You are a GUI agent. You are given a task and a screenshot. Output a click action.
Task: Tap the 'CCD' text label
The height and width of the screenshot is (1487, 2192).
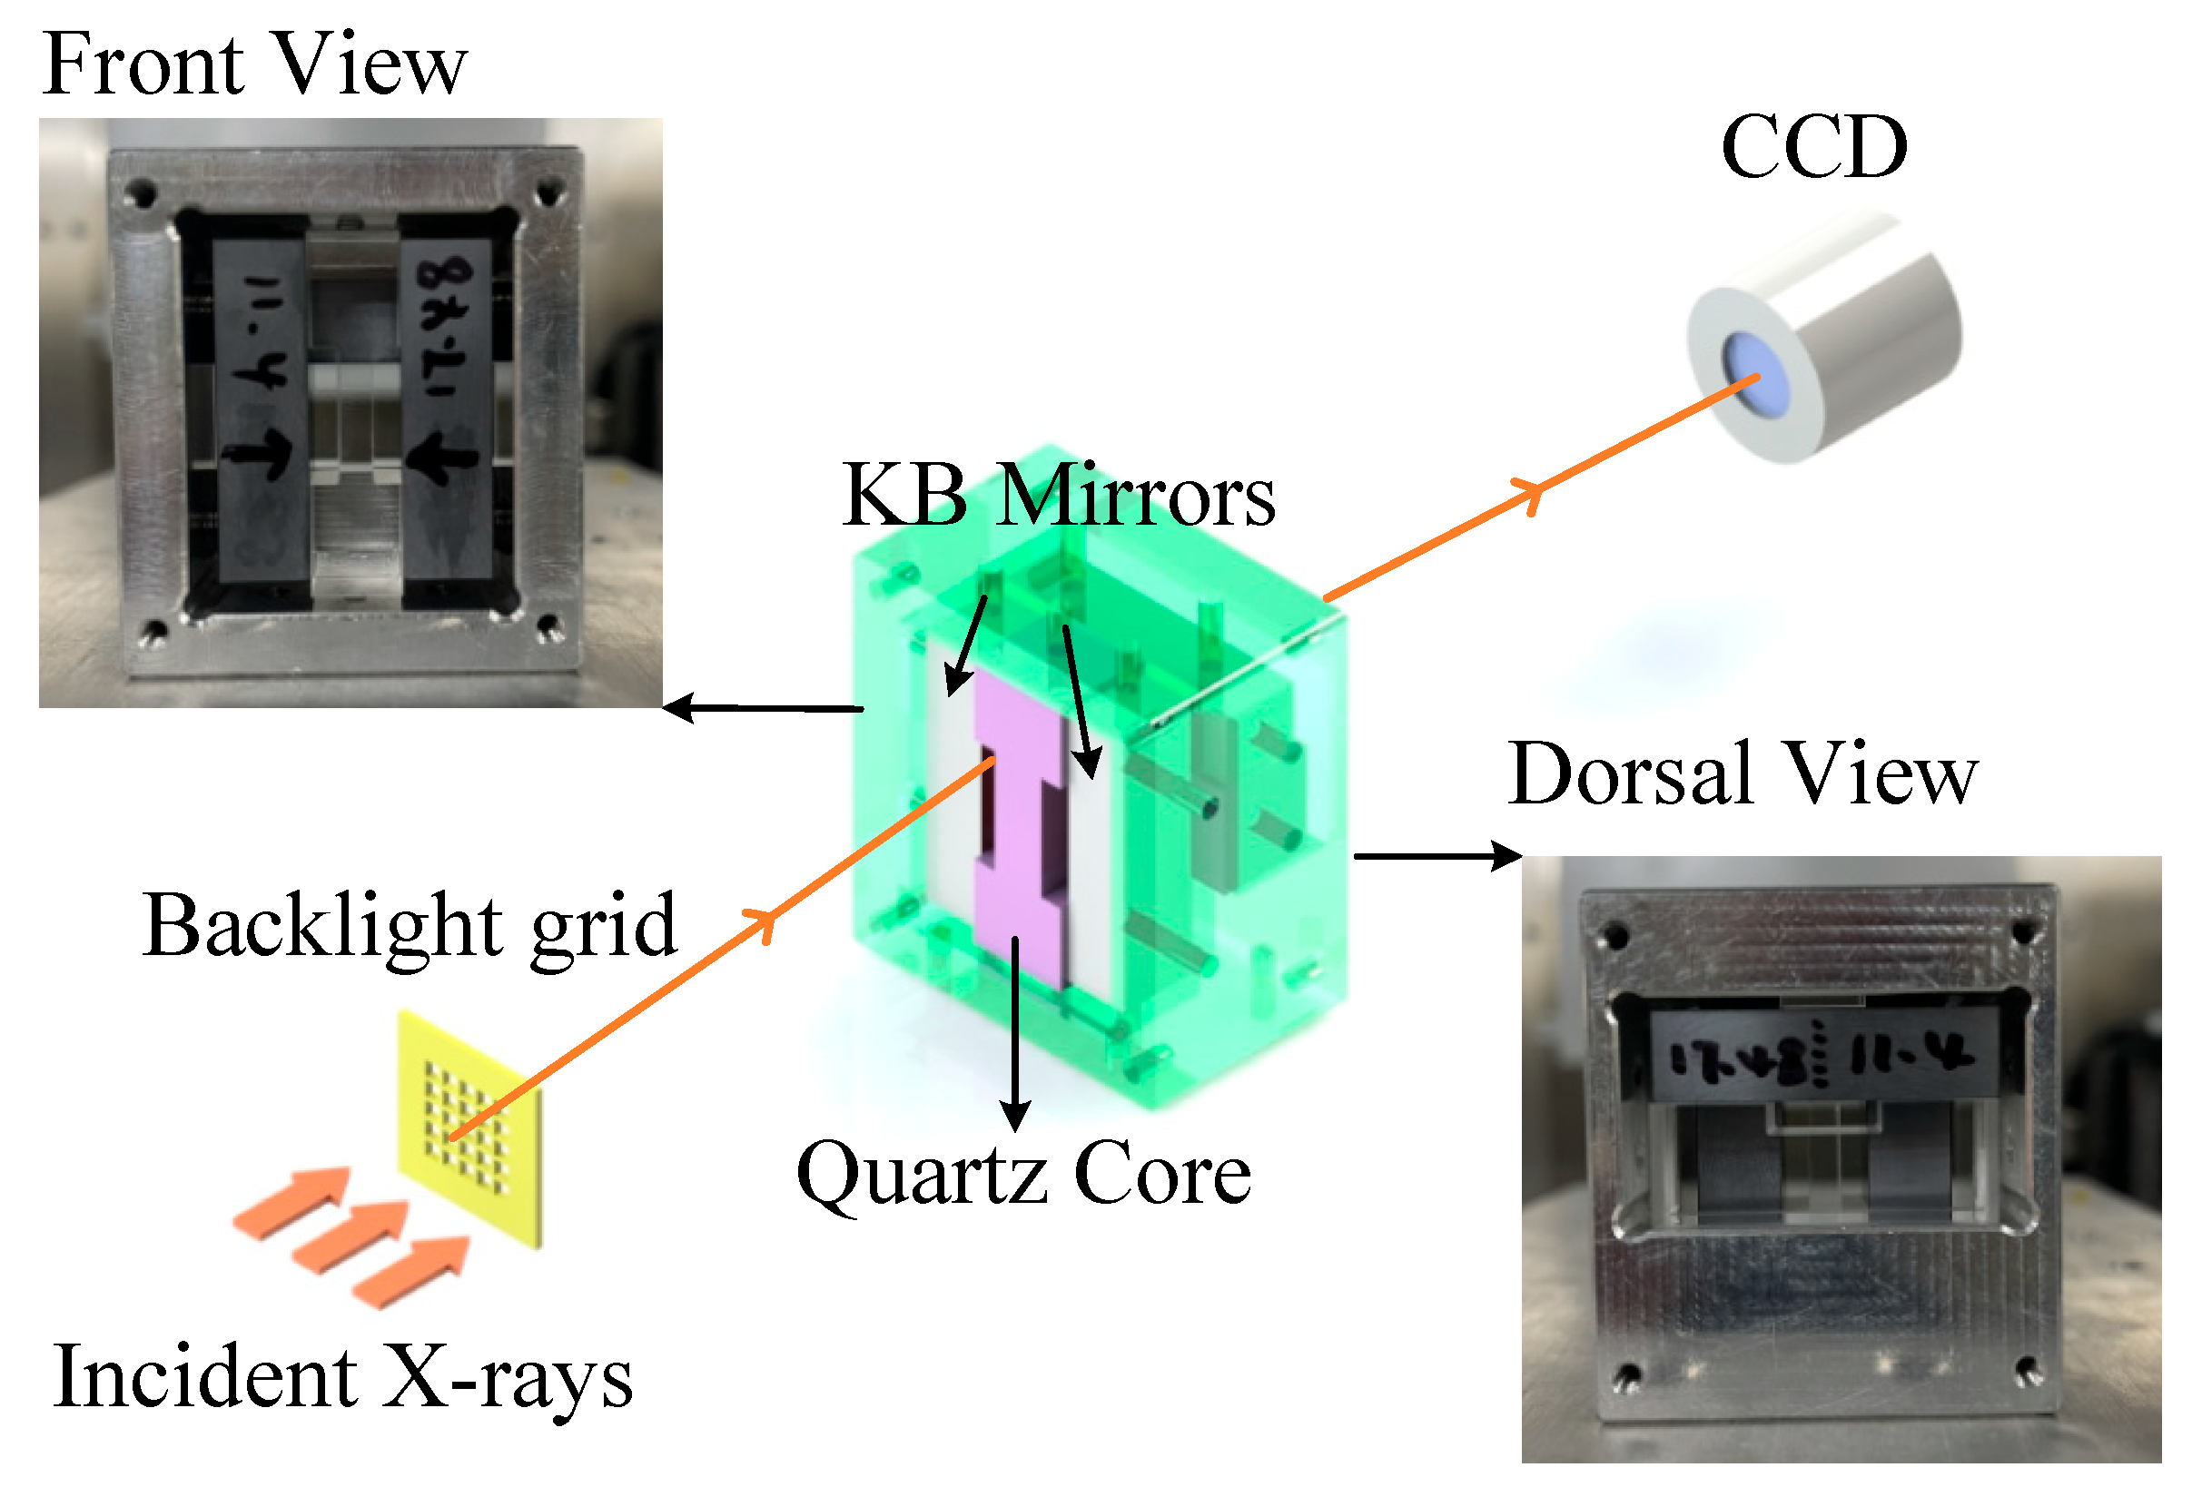[1812, 147]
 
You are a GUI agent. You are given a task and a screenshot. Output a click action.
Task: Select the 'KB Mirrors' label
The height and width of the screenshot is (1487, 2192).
[1058, 496]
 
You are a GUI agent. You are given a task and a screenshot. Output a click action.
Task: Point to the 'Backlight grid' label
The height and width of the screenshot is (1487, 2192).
[410, 927]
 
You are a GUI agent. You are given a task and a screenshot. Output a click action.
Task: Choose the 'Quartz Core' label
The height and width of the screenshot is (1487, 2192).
[1023, 1174]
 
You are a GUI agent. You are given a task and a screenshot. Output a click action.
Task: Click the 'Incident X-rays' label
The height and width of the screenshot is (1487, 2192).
[341, 1378]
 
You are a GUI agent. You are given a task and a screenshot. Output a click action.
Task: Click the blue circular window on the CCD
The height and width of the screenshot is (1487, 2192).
[1753, 377]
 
